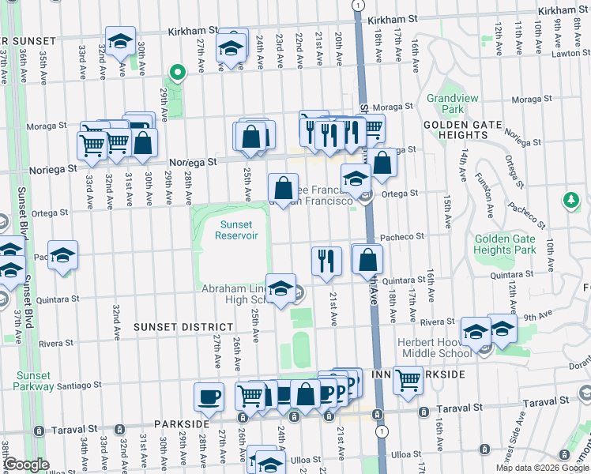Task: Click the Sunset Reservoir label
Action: point(235,231)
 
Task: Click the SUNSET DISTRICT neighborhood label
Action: point(183,326)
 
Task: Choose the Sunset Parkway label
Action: point(32,382)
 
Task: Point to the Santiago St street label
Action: point(81,386)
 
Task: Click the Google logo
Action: point(27,465)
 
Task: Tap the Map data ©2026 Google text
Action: point(542,468)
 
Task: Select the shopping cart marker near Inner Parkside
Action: point(408,380)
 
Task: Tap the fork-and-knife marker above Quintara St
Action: point(326,260)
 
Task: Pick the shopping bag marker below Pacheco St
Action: point(367,259)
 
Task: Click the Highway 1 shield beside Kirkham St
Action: point(359,5)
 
